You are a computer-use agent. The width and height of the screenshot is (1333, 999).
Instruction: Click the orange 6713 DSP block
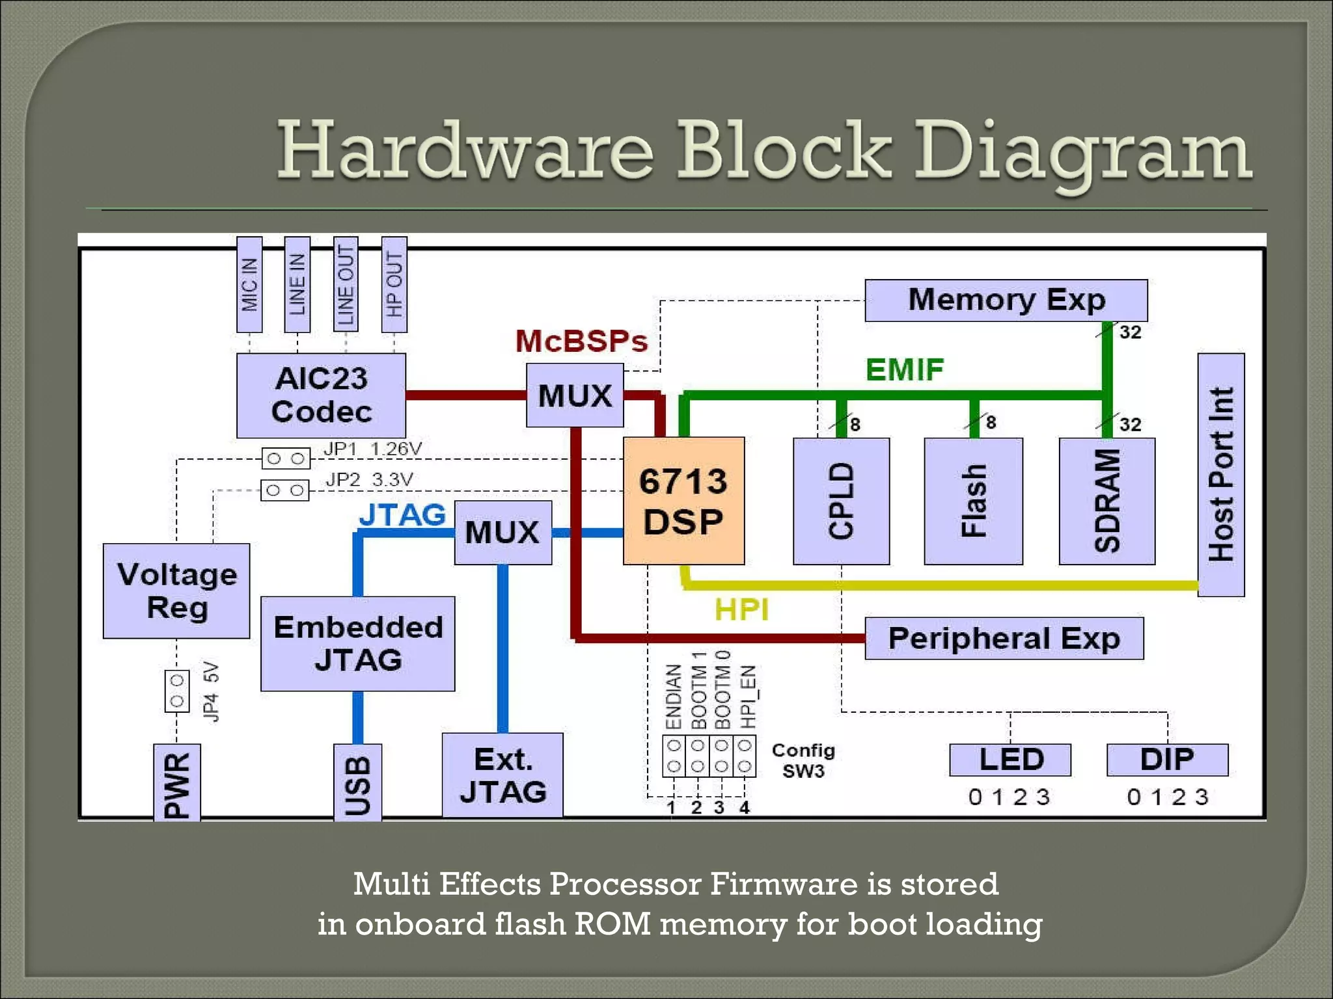click(x=683, y=501)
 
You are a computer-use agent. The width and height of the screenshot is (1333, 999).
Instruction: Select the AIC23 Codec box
click(x=321, y=395)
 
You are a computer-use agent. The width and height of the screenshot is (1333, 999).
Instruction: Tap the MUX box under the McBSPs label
click(x=575, y=395)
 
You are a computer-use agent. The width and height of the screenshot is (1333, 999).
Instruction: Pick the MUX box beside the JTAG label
click(x=502, y=532)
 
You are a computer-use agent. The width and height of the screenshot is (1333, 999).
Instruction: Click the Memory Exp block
click(x=1006, y=300)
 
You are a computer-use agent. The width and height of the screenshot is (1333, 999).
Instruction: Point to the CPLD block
click(x=841, y=501)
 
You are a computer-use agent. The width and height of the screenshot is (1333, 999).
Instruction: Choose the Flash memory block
click(x=973, y=501)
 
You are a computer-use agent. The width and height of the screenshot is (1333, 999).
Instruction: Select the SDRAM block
click(x=1106, y=501)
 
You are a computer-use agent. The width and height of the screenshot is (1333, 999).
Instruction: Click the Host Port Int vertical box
click(x=1221, y=475)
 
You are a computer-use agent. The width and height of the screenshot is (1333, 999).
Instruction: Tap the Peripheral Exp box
click(x=1004, y=639)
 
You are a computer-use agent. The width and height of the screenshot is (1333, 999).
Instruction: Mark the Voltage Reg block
click(x=176, y=591)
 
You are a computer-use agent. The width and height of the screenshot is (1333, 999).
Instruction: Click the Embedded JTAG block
click(x=357, y=643)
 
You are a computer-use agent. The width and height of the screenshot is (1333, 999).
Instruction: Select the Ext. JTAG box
click(x=502, y=775)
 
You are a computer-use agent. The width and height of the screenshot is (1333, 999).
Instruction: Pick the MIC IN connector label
click(x=249, y=285)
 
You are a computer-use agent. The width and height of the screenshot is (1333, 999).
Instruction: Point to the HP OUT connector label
click(x=394, y=285)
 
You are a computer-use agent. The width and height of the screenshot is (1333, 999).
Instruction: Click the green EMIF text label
click(x=904, y=369)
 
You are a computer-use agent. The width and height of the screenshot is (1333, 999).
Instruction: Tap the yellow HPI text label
click(x=741, y=609)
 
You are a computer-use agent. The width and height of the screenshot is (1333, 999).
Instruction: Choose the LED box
click(x=1010, y=760)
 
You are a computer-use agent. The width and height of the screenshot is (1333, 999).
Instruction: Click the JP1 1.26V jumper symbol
click(x=286, y=459)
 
